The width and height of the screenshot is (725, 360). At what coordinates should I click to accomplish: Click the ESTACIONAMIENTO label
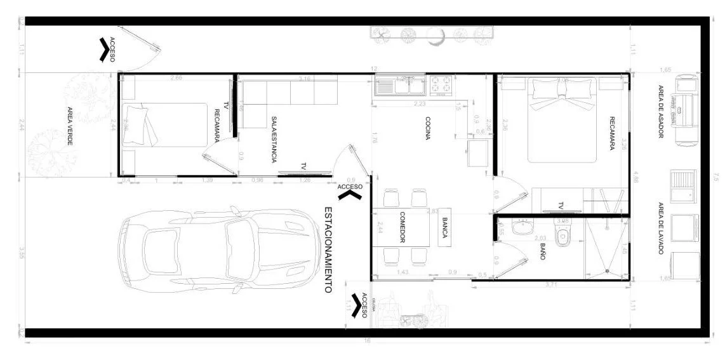click(x=328, y=249)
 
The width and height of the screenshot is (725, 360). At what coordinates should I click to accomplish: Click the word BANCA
click(x=445, y=227)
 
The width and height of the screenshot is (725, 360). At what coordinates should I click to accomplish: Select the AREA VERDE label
click(x=70, y=126)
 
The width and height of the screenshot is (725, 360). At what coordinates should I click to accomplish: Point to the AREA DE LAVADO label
click(x=660, y=229)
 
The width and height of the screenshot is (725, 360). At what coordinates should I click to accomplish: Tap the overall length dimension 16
click(x=366, y=341)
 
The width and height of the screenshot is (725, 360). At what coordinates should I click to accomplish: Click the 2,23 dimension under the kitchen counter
click(x=419, y=103)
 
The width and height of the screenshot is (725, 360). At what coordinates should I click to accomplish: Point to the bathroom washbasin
click(x=524, y=227)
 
